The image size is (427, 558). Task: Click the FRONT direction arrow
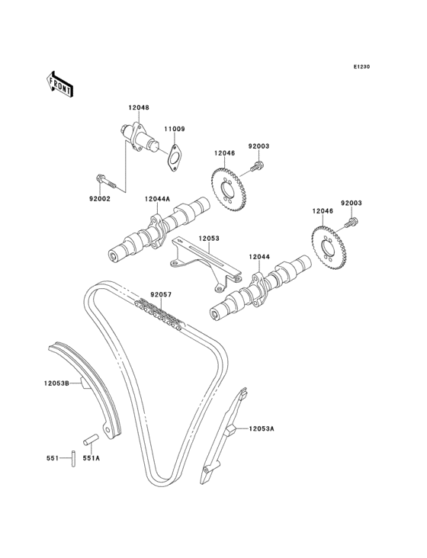click(59, 85)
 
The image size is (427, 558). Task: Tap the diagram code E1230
click(361, 66)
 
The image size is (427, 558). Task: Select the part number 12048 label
click(139, 107)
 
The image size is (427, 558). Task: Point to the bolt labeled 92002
click(106, 181)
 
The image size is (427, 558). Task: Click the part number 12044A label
click(157, 199)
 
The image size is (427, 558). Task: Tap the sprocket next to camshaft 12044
click(329, 247)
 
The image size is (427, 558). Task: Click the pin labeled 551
click(73, 458)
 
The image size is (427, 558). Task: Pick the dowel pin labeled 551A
click(91, 438)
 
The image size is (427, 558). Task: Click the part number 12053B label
click(56, 383)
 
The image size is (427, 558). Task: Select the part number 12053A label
click(262, 428)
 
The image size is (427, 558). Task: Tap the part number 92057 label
click(161, 295)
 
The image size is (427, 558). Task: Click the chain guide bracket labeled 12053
click(204, 265)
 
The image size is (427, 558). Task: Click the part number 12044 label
click(259, 256)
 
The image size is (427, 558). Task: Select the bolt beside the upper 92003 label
click(256, 166)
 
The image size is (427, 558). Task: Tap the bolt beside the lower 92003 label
click(351, 223)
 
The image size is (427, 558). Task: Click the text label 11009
click(175, 129)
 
